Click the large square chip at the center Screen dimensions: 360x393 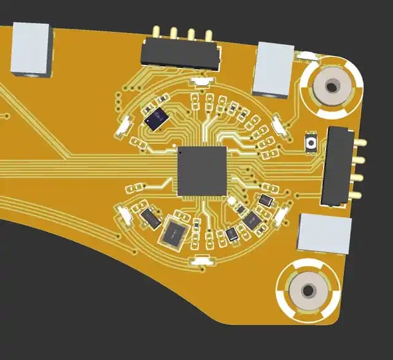click(202, 171)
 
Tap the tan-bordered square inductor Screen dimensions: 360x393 click(176, 232)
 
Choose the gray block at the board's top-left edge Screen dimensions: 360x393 click(29, 48)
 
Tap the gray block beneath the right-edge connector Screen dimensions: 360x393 click(325, 233)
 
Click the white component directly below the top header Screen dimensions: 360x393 click(201, 81)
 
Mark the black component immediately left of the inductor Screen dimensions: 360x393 click(150, 217)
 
